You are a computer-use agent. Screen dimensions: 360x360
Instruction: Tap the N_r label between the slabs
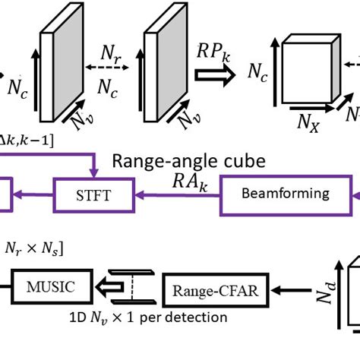click(111, 54)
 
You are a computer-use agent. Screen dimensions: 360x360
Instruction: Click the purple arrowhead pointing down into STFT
click(93, 174)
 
